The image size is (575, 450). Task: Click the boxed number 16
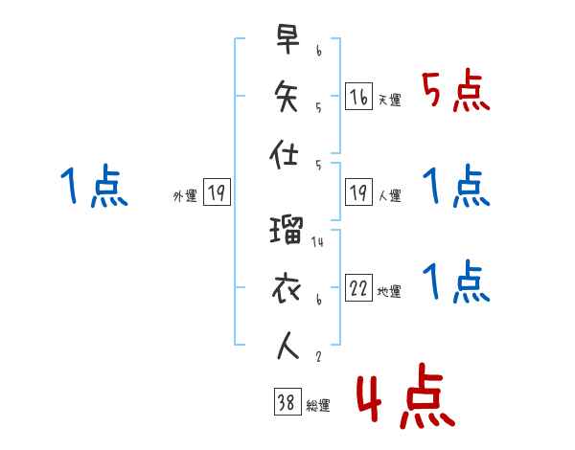pyautogui.click(x=358, y=98)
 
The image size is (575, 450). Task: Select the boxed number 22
pyautogui.click(x=358, y=289)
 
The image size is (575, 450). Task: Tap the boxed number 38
pyautogui.click(x=287, y=403)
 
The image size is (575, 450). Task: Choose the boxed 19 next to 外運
pyautogui.click(x=217, y=194)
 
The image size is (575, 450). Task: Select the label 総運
pyautogui.click(x=318, y=406)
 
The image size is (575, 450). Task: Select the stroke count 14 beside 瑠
pyautogui.click(x=318, y=242)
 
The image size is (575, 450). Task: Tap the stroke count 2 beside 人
pyautogui.click(x=317, y=356)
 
